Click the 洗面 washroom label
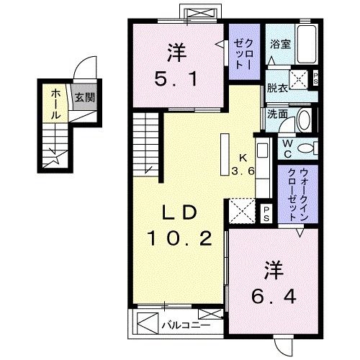(x=276, y=113)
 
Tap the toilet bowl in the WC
(x=306, y=149)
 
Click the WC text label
(x=287, y=148)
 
